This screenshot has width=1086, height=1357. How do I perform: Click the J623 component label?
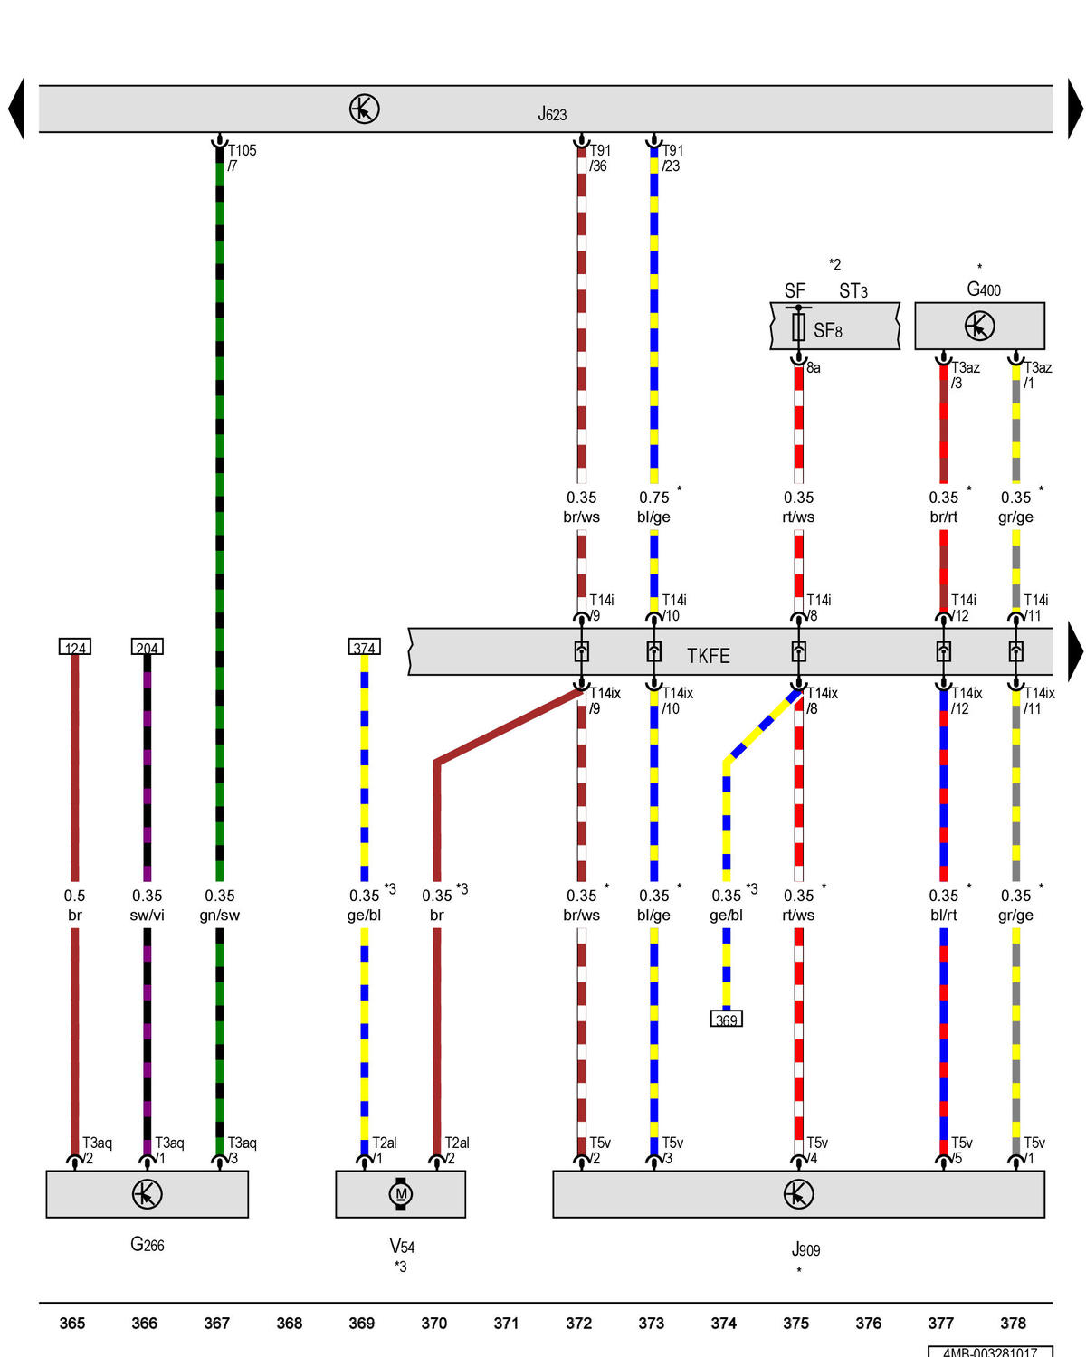click(x=551, y=113)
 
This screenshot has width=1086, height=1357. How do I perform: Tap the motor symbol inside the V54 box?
click(x=400, y=1193)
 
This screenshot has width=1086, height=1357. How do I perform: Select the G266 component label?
click(x=147, y=1244)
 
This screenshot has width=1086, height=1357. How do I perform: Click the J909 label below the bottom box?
click(x=805, y=1249)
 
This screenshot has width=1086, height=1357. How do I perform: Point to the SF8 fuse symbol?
click(x=797, y=326)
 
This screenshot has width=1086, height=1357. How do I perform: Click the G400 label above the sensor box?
click(x=983, y=289)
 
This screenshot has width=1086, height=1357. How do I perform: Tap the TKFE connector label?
click(x=708, y=656)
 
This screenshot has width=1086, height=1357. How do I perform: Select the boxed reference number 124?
click(x=74, y=646)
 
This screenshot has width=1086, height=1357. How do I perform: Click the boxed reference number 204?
click(x=147, y=646)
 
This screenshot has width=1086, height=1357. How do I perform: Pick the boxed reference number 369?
click(x=726, y=1019)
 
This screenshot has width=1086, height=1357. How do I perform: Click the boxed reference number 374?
click(x=364, y=646)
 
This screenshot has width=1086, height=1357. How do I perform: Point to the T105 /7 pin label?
click(x=242, y=157)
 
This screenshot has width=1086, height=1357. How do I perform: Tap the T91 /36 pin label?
click(x=599, y=157)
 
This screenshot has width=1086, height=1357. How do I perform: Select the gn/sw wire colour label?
click(x=219, y=915)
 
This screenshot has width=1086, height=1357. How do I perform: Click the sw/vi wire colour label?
click(x=147, y=915)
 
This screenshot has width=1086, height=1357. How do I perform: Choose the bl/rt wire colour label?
click(x=943, y=915)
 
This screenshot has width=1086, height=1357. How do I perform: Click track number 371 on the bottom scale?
click(x=506, y=1323)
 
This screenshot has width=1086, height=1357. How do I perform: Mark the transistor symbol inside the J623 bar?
click(x=364, y=109)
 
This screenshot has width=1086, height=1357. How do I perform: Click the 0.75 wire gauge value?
click(x=653, y=498)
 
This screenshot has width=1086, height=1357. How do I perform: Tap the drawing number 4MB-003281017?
click(x=989, y=1352)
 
